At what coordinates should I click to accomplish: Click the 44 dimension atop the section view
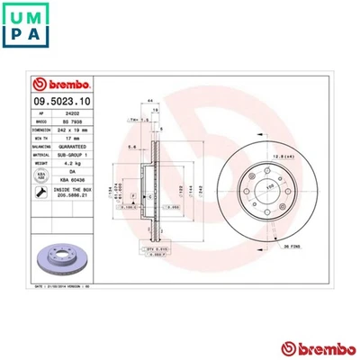tap(148, 99)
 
